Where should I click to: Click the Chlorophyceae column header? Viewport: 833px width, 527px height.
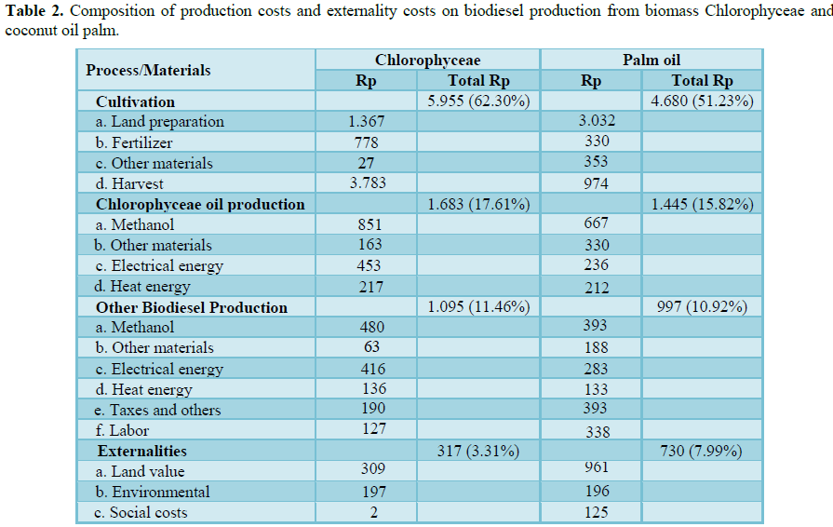pos(427,60)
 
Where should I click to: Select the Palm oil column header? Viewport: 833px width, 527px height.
pos(651,60)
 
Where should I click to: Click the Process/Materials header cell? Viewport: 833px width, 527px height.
pos(148,70)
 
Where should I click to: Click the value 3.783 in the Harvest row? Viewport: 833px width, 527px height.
pos(367,183)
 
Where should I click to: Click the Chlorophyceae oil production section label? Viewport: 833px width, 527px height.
pos(200,204)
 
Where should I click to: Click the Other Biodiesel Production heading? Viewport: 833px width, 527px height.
pos(191,307)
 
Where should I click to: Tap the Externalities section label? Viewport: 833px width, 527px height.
pos(141,452)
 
